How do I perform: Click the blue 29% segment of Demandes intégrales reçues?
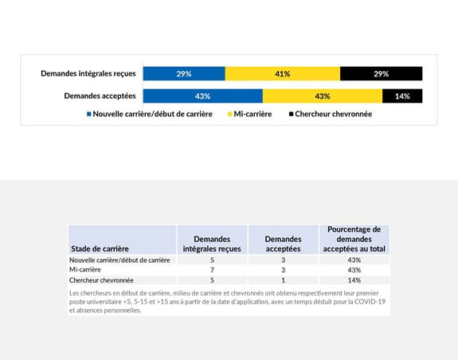(184, 74)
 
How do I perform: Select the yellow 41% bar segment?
(283, 74)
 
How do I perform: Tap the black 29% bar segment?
(381, 74)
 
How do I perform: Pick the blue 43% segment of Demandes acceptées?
(202, 96)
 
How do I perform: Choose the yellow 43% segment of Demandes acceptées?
(323, 96)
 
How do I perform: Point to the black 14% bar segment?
(402, 96)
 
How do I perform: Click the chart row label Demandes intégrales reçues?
(88, 74)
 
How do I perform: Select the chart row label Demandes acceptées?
(100, 96)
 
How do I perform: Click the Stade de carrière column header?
(100, 248)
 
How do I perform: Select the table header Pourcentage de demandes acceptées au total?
(354, 239)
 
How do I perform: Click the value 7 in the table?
(212, 270)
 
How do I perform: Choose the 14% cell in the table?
(354, 280)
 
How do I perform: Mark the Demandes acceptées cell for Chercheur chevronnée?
(283, 280)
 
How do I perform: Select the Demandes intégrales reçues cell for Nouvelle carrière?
(212, 260)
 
